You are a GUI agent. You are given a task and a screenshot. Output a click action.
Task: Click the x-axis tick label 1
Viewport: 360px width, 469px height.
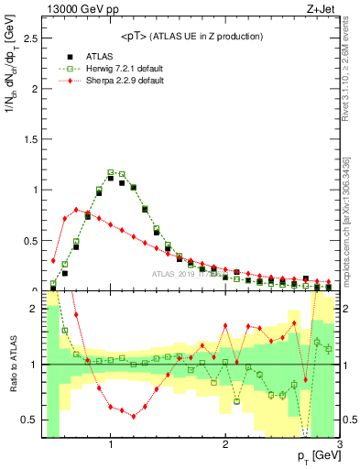coord(111,446)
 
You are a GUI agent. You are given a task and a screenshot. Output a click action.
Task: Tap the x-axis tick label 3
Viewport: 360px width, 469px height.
coord(339,446)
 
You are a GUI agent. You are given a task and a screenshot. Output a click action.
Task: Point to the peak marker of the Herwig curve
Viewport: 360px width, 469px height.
coord(111,172)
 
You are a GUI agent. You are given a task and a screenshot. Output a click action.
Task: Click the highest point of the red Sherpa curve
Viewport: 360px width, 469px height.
coord(76,210)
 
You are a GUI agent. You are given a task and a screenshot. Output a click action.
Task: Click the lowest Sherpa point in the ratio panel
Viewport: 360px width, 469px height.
coord(134,416)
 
